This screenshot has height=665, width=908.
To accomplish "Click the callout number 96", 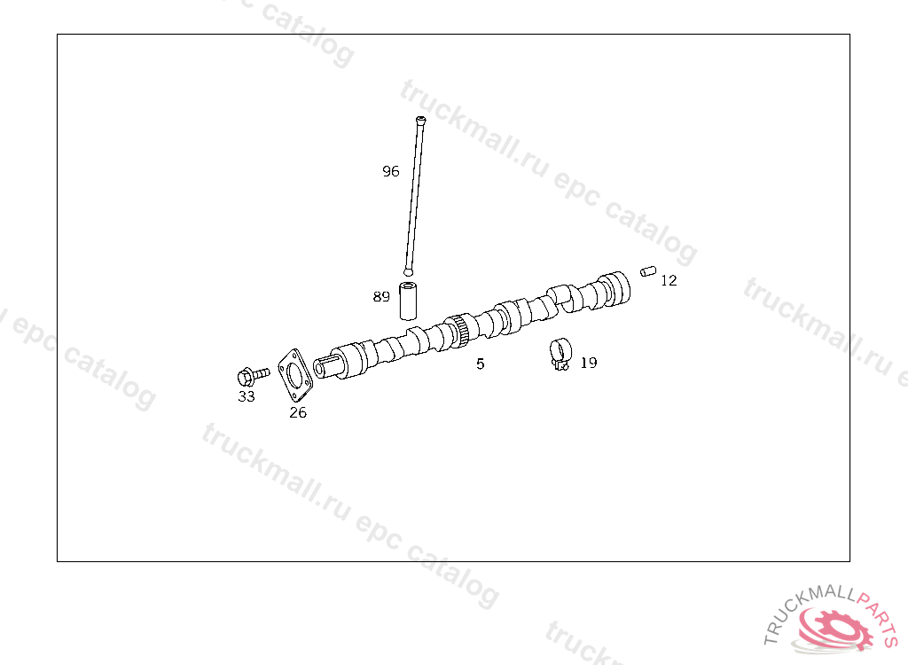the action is coord(391,171).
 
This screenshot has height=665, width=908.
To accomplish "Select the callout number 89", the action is coord(381,296).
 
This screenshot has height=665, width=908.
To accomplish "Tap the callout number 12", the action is coord(669,280).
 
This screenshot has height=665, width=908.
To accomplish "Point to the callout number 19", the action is coord(589,363).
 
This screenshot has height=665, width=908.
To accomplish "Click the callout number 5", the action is coord(480,364).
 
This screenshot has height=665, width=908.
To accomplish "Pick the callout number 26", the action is coord(298,412).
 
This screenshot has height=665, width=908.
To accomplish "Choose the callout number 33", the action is coord(247,396).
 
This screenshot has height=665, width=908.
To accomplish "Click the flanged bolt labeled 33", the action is coord(253,376).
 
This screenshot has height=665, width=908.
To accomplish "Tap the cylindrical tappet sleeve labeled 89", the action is coord(408,301).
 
